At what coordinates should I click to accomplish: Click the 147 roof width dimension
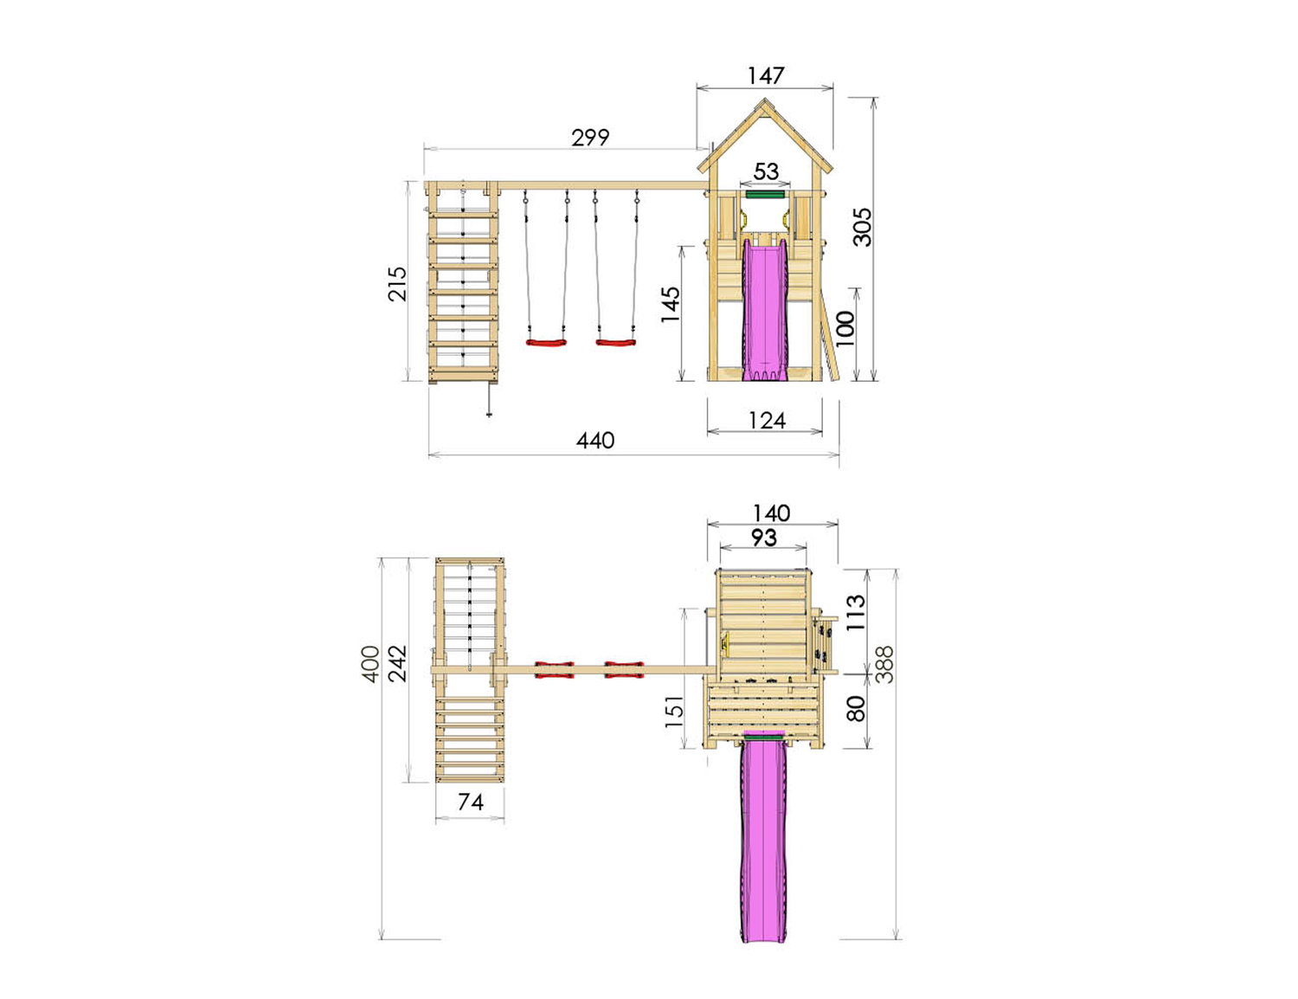765,76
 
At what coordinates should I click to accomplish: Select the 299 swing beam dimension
590,138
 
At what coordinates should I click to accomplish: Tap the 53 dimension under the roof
766,172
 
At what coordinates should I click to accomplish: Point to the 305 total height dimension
862,227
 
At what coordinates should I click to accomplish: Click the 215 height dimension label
397,284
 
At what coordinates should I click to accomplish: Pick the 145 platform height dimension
671,304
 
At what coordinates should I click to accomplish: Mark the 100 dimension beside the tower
845,329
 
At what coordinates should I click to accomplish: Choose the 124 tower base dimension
767,421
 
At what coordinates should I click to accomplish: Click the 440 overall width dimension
595,441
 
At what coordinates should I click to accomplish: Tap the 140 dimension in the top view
771,512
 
